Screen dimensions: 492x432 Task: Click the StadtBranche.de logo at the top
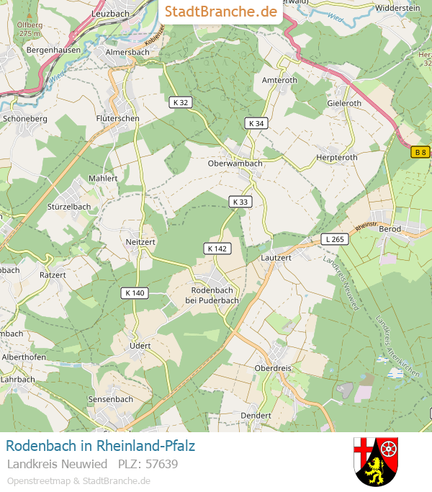pos(220,12)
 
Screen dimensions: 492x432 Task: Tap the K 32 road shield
pos(181,102)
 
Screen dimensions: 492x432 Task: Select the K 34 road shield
pos(256,123)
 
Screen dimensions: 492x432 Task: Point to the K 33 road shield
pos(240,202)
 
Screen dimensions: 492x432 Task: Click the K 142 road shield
pos(217,249)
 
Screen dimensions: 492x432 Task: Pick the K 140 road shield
pos(135,292)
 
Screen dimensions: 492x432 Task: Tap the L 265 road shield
pos(335,238)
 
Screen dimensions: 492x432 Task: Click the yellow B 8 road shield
pos(420,152)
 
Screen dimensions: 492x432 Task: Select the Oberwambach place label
pos(235,163)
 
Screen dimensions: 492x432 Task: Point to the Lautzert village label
pos(276,257)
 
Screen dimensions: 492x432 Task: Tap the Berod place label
pos(390,228)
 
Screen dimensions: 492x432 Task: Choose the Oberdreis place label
pos(273,368)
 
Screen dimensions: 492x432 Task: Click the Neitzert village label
pos(140,242)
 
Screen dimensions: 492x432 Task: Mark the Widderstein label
pos(397,7)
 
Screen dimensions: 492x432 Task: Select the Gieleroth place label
pos(344,103)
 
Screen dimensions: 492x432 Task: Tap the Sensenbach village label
pos(110,398)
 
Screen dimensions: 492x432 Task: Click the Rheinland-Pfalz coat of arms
pos(376,460)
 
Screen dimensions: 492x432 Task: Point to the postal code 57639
pos(162,463)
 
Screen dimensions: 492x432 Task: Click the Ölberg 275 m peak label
pos(29,29)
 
